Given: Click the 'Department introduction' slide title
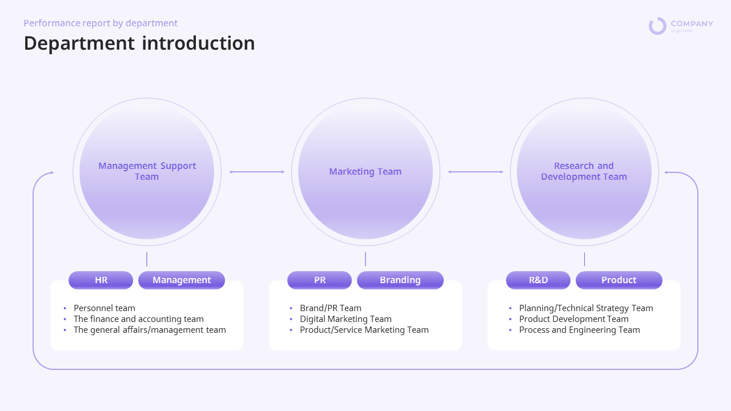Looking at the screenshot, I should click(x=139, y=43).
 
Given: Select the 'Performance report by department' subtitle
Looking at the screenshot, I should click(x=101, y=23).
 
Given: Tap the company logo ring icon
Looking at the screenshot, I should click(x=657, y=26).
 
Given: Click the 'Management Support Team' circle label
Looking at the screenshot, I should click(x=147, y=171).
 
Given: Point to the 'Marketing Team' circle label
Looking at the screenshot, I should click(x=365, y=171).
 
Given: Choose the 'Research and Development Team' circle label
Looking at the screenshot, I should click(x=584, y=171).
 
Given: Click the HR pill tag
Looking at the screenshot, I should click(x=101, y=280).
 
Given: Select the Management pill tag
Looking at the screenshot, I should click(x=182, y=280).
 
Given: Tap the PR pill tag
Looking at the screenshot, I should click(x=320, y=280).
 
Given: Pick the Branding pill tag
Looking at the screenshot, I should click(x=400, y=280).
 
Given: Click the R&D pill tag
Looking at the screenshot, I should click(x=538, y=280).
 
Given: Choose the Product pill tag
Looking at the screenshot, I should click(x=618, y=280).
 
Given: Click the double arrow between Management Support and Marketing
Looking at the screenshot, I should click(x=256, y=172).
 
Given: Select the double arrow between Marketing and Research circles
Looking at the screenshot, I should click(x=475, y=172).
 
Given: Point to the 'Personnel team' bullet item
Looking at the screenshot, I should click(x=105, y=308).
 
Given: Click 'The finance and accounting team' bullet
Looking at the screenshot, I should click(x=138, y=319).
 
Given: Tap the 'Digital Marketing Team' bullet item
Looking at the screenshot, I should click(x=346, y=319).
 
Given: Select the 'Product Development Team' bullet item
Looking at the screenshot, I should click(x=573, y=319).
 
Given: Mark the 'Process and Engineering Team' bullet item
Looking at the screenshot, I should click(x=579, y=330).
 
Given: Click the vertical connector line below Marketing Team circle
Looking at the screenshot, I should click(x=365, y=259).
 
